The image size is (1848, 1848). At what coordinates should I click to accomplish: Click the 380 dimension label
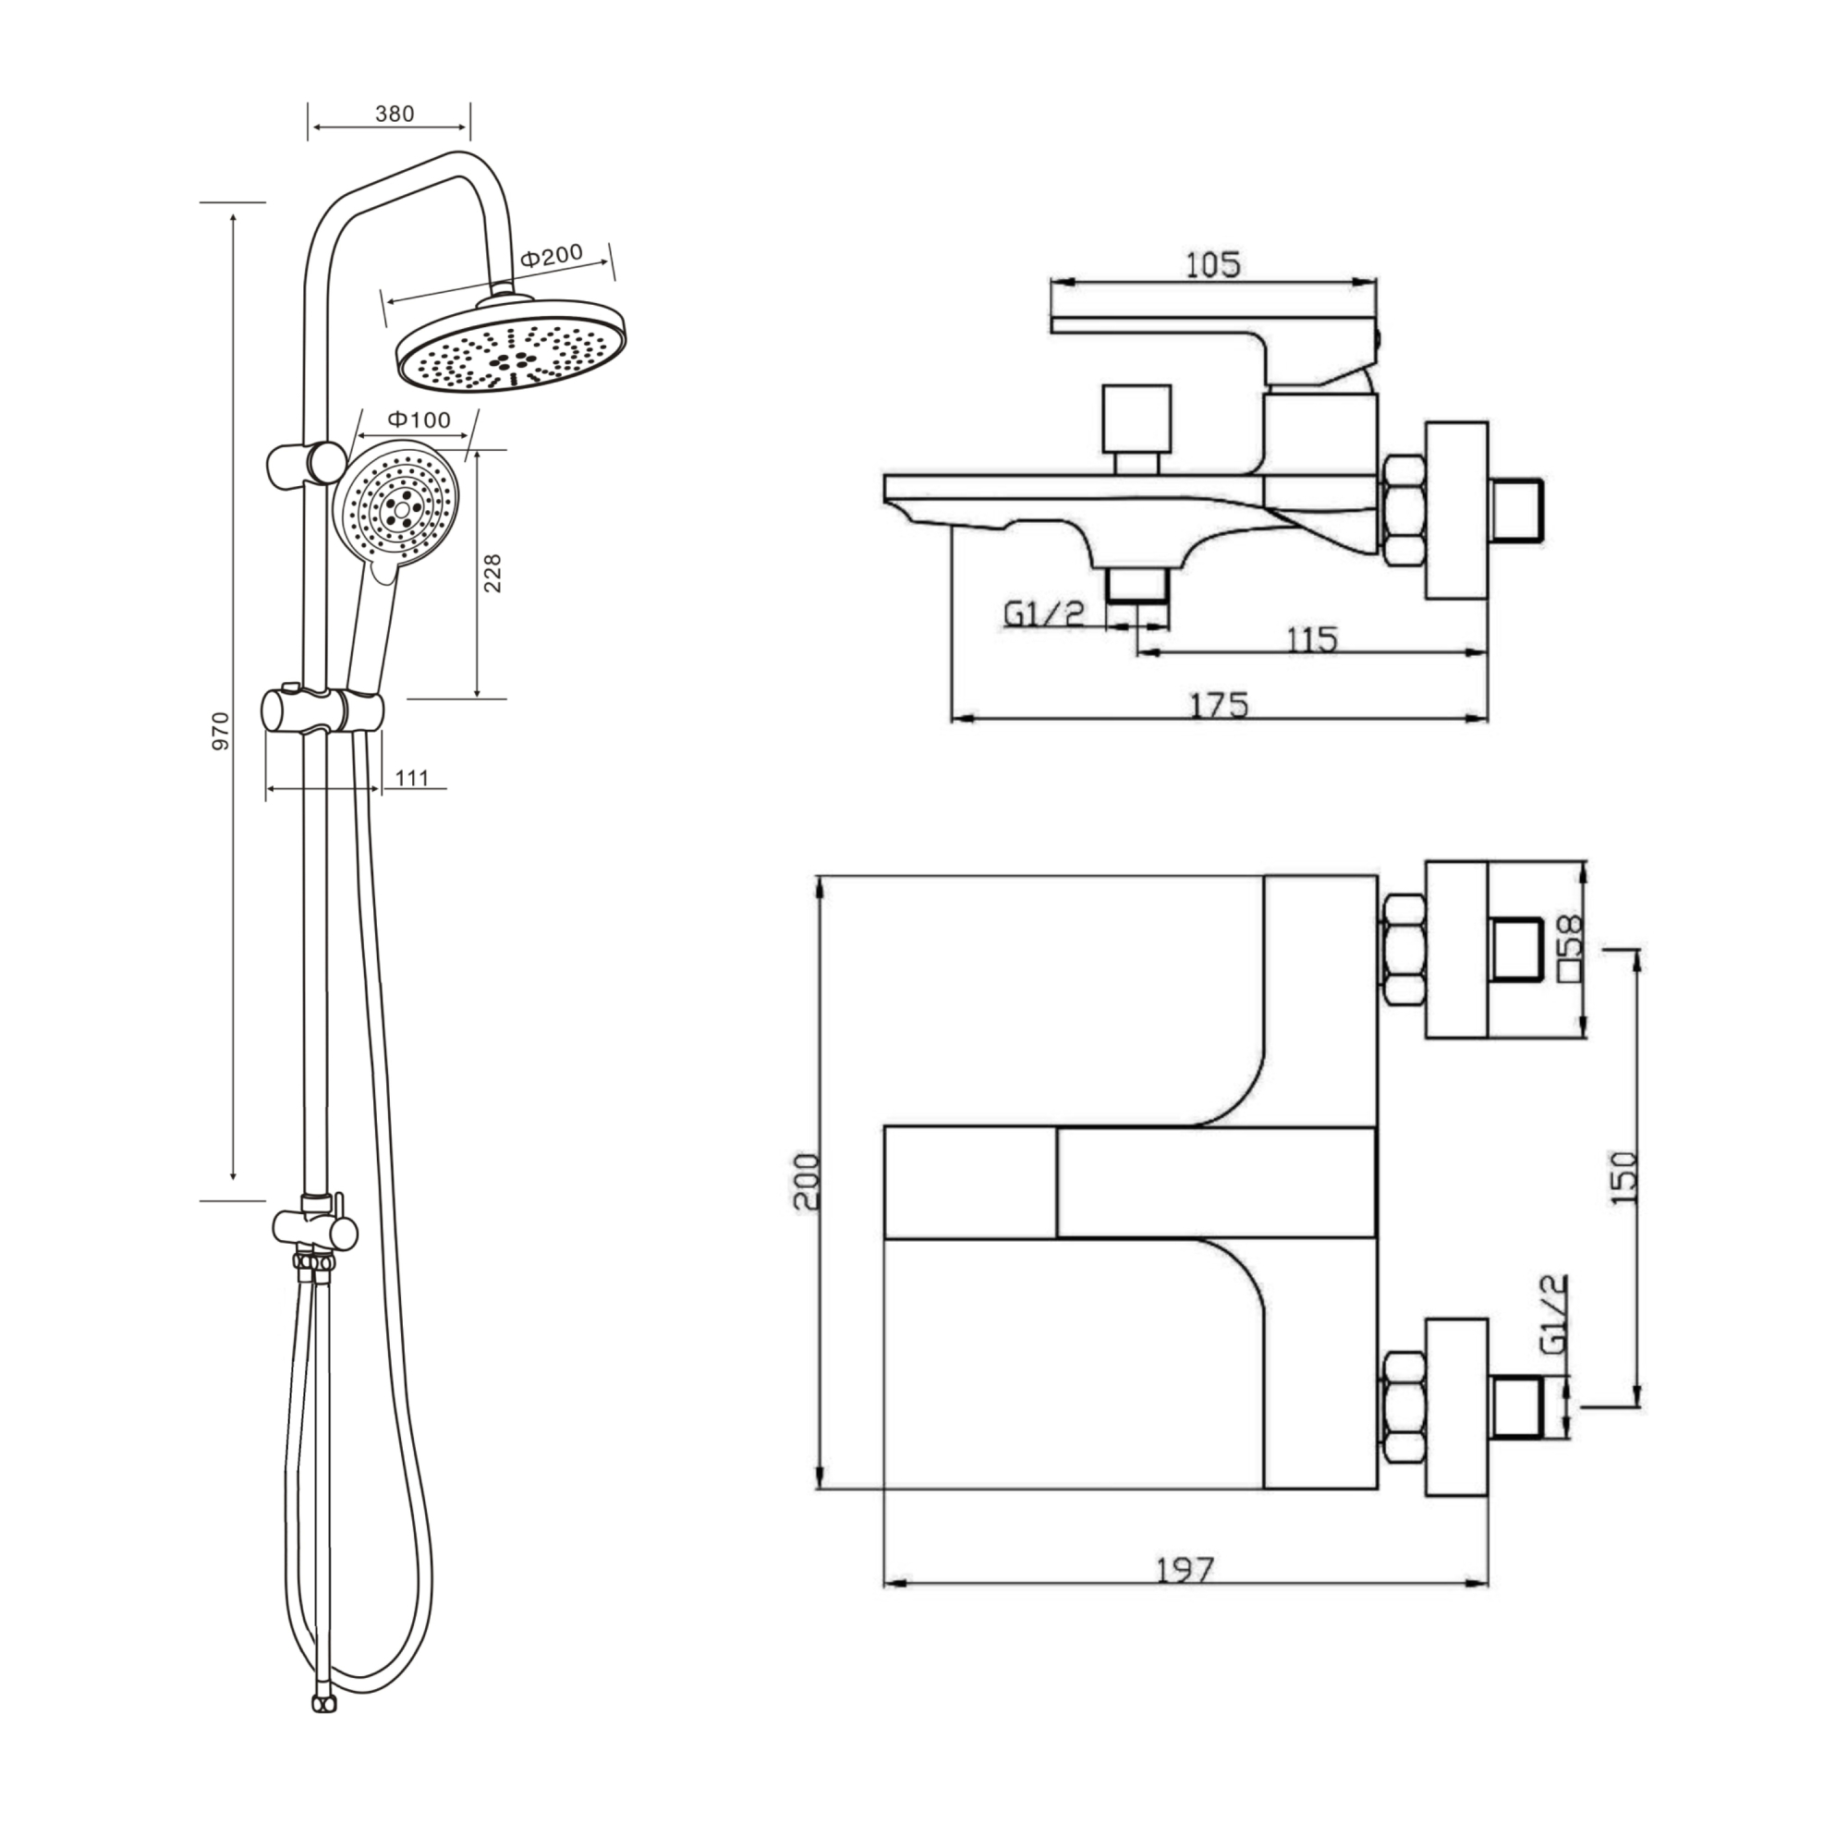395,114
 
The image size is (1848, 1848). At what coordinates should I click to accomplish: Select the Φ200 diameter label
551,255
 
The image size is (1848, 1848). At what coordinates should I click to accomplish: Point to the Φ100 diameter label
419,419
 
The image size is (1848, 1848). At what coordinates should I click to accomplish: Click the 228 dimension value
492,573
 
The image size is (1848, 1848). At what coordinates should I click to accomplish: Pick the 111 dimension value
411,778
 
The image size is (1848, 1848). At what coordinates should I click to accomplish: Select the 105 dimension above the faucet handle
1213,264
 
